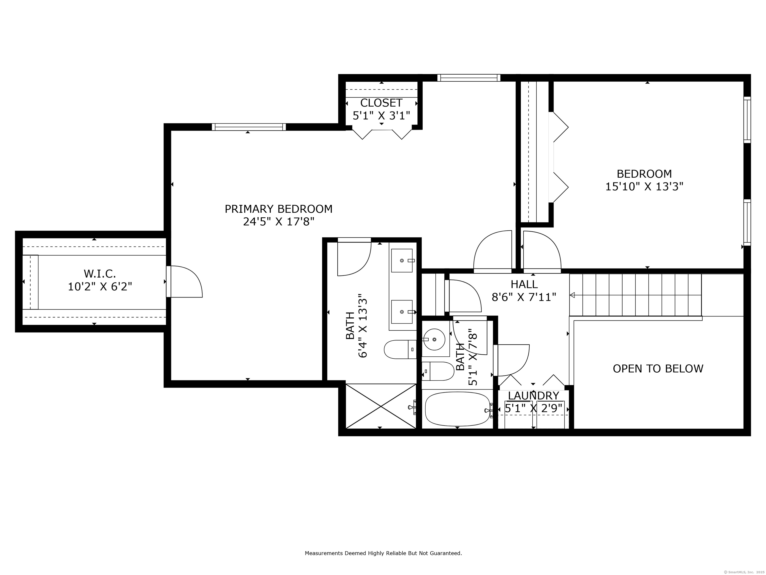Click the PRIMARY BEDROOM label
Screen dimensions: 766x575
[x=279, y=209]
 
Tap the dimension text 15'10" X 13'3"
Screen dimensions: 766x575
[x=644, y=187]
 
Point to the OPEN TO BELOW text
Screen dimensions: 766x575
[x=658, y=368]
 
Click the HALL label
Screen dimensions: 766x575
[x=524, y=284]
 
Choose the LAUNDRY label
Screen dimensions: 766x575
[x=533, y=396]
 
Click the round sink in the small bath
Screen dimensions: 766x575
[x=435, y=339]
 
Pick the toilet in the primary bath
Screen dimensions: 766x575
[x=400, y=349]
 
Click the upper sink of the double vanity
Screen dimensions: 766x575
[x=402, y=260]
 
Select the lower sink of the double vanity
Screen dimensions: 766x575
[x=402, y=312]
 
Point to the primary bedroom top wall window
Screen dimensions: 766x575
[x=249, y=127]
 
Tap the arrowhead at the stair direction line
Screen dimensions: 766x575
[x=572, y=295]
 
